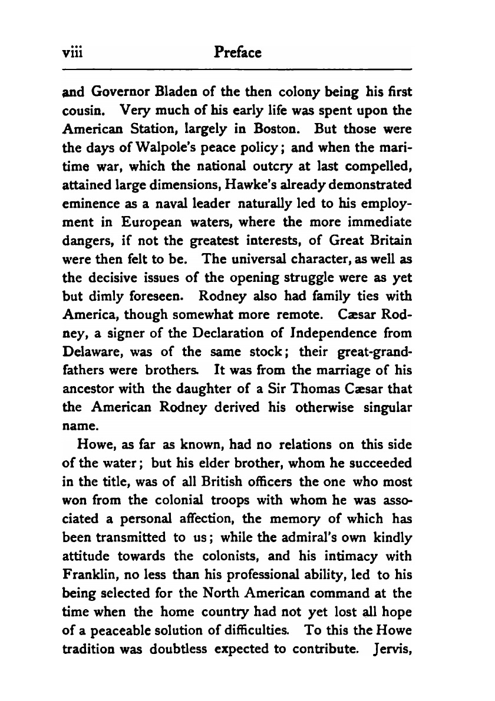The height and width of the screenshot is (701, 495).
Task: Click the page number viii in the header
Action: (72, 52)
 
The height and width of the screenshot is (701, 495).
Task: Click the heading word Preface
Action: (239, 52)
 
